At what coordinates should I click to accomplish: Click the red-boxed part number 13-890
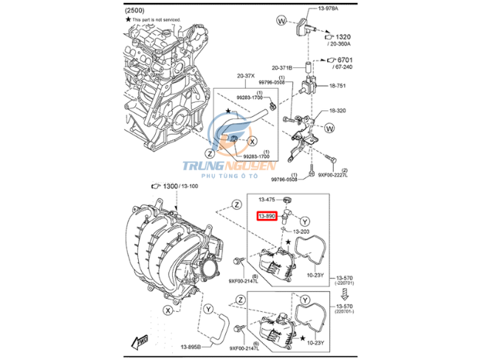267,216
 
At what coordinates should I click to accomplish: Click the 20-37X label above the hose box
246,75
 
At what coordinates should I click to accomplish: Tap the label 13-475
267,200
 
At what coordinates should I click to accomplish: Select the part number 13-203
301,231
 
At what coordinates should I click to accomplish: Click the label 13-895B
190,345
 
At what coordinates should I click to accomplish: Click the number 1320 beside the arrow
344,36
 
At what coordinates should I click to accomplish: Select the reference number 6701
344,59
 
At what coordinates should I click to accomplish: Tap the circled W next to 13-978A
280,21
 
